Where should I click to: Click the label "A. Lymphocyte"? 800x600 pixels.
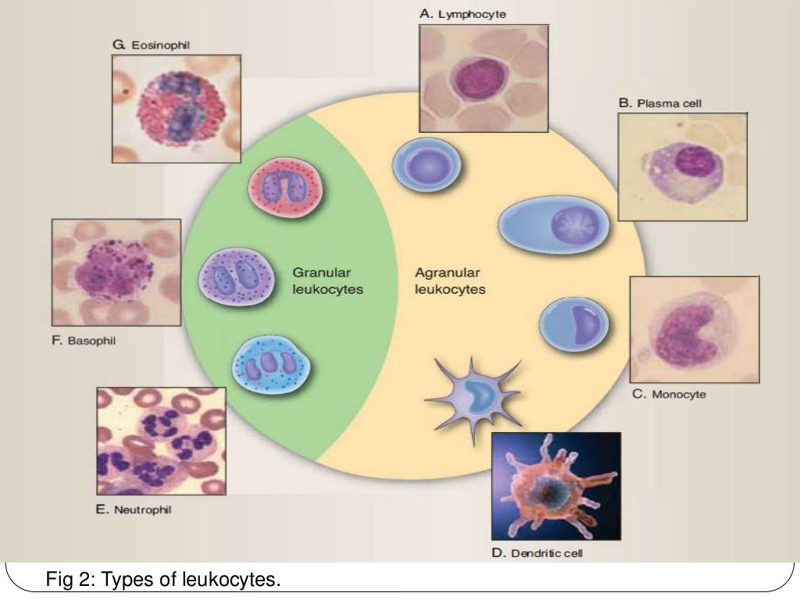(x=452, y=13)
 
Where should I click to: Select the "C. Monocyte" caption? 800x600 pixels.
(x=669, y=395)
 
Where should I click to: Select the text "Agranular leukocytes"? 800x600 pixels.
(x=449, y=280)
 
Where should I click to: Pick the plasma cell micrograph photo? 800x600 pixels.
(x=682, y=166)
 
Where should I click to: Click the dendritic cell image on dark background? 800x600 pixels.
(x=555, y=487)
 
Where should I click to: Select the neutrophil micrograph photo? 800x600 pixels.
(x=161, y=441)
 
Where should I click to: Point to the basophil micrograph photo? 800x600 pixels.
(x=116, y=272)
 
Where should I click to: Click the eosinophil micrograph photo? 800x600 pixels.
(x=175, y=108)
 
